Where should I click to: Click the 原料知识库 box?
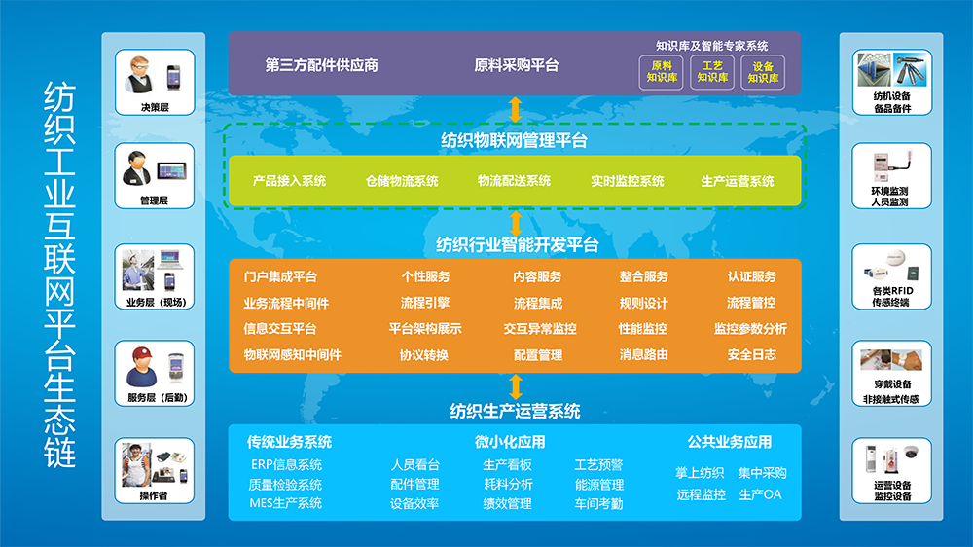click(x=662, y=73)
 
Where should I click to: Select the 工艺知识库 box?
click(x=712, y=73)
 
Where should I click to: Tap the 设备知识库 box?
click(x=763, y=73)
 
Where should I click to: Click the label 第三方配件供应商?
click(x=321, y=65)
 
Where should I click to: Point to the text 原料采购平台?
click(x=517, y=65)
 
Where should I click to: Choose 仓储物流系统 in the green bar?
click(x=402, y=181)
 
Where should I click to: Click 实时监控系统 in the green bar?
click(x=627, y=181)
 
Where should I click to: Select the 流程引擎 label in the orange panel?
click(x=425, y=303)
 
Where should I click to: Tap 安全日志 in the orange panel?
click(x=751, y=355)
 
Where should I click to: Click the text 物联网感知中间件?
click(x=292, y=355)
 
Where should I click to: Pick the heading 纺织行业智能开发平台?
click(x=517, y=245)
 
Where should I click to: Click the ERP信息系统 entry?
click(x=286, y=464)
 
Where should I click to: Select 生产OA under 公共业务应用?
click(x=760, y=494)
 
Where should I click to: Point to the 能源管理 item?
click(x=598, y=485)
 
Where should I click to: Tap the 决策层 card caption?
click(x=155, y=107)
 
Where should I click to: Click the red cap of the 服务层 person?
click(x=142, y=354)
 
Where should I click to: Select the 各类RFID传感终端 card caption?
click(x=891, y=296)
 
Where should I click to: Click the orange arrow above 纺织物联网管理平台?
click(x=515, y=110)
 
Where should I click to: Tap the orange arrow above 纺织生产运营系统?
click(x=515, y=386)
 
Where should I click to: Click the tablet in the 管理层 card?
click(x=172, y=170)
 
